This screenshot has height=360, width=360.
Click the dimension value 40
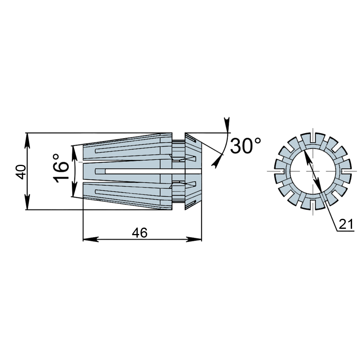tap(21, 172)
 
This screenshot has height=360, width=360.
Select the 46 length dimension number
tap(140, 233)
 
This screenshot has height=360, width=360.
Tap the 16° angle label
tap(61, 168)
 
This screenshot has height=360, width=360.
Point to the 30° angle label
tap(246, 146)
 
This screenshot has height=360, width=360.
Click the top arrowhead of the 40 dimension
tap(27, 140)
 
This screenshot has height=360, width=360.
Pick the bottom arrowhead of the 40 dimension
tap(27, 202)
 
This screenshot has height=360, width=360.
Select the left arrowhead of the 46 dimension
tap(90, 239)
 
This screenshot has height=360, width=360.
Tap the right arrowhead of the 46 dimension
tap(194, 239)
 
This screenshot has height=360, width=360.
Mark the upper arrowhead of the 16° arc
tap(74, 153)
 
